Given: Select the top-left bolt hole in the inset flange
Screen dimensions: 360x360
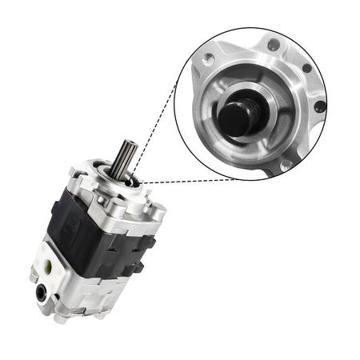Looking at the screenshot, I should pos(210,58).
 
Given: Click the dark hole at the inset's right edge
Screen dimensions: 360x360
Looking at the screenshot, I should pos(320,106).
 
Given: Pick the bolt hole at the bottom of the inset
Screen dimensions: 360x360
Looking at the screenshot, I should pos(285,164).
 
